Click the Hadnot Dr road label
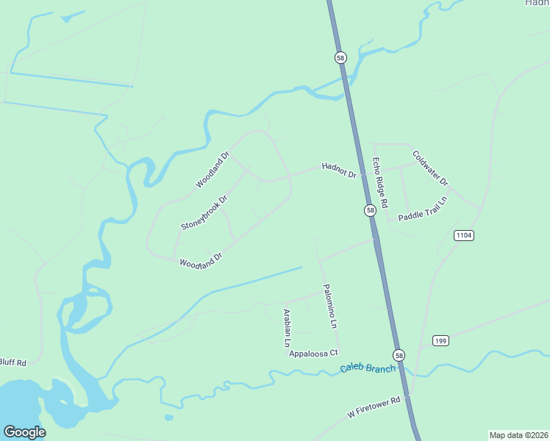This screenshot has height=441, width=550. tap(339, 171)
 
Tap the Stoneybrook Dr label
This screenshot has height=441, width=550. tap(204, 212)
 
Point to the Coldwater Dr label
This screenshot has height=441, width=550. tap(430, 168)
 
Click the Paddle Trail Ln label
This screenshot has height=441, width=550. tap(423, 209)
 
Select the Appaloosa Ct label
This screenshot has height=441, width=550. tap(313, 354)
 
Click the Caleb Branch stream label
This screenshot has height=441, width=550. tap(368, 368)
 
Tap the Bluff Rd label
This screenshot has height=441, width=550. tap(12, 362)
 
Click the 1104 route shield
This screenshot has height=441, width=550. tap(463, 235)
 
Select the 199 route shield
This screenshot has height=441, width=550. tap(440, 340)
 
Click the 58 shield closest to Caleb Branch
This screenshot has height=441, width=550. tap(398, 354)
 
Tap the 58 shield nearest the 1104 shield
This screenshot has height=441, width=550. tap(371, 210)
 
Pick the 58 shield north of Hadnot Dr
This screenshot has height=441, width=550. tap(340, 57)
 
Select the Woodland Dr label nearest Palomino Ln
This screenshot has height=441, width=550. tap(201, 261)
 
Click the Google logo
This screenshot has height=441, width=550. tap(24, 432)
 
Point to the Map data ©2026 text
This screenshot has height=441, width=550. tap(518, 435)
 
